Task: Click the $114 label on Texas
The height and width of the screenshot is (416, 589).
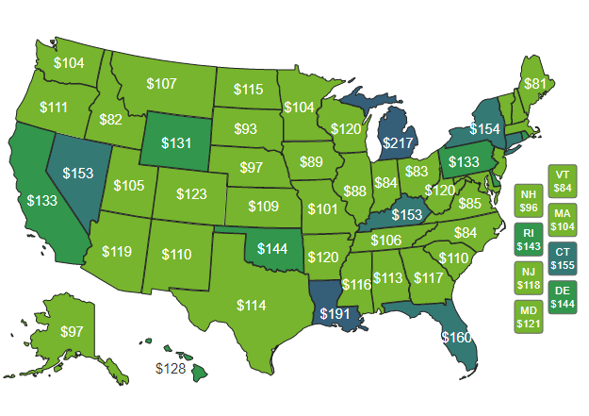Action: click(x=251, y=306)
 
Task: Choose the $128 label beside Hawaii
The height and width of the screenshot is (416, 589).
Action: click(x=171, y=369)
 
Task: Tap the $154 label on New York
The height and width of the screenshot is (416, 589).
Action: click(x=484, y=128)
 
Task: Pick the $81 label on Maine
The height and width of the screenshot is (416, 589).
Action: click(x=534, y=84)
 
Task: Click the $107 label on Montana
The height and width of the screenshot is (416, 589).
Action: click(x=161, y=84)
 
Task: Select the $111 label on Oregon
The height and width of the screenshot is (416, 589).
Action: click(x=54, y=108)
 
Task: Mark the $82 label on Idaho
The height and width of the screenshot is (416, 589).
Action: click(x=110, y=120)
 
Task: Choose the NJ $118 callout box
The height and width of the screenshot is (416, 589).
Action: click(x=529, y=278)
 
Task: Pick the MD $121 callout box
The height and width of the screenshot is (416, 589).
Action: click(x=529, y=317)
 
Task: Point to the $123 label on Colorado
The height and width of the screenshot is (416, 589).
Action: click(x=192, y=194)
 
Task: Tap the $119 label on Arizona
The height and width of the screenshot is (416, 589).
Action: click(x=117, y=252)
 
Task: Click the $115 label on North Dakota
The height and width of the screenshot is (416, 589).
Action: click(x=248, y=90)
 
